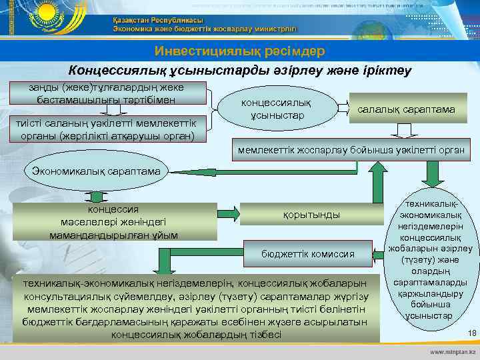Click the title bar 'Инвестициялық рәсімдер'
tap(239, 51)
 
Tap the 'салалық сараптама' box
tap(407, 109)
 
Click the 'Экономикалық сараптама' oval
tap(93, 171)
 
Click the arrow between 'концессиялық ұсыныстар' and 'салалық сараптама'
tap(343, 108)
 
